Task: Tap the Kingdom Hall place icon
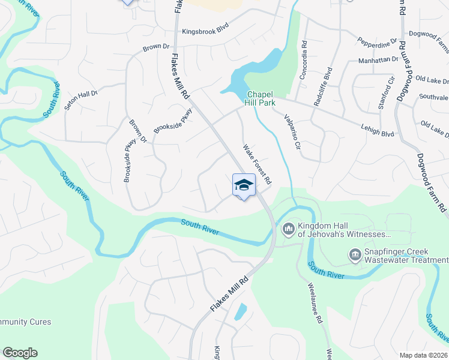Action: point(288,228)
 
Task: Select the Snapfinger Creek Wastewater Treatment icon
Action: point(355,256)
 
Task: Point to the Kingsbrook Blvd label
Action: point(206,31)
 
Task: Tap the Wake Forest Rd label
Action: point(258,164)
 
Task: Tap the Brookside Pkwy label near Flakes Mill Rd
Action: point(173,121)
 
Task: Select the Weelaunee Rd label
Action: point(318,302)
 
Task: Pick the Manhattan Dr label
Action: point(379,60)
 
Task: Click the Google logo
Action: point(20,353)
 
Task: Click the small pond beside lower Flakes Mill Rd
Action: point(240,311)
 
